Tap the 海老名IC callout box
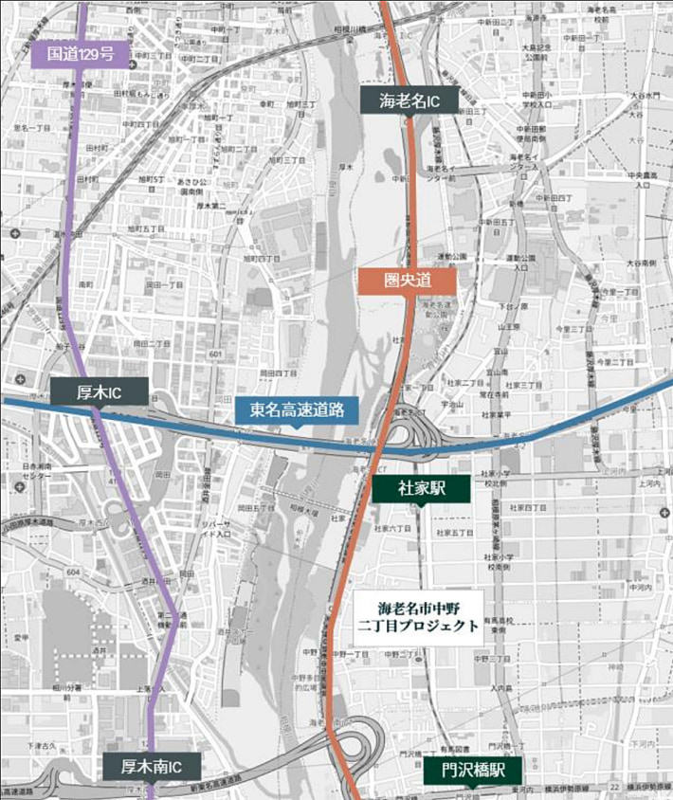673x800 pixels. point(409,100)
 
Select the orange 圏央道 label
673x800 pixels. point(407,280)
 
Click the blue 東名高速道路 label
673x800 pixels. point(297,410)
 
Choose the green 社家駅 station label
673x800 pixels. point(421,489)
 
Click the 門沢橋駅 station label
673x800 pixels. point(474,771)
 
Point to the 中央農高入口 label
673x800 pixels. point(648,179)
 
